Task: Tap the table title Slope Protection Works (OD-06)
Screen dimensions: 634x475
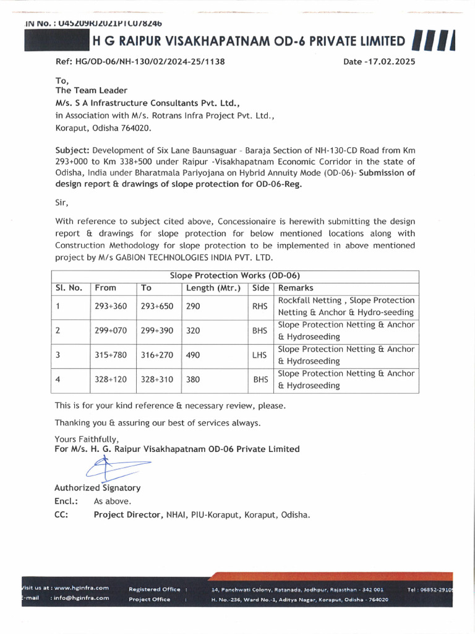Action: coord(235,276)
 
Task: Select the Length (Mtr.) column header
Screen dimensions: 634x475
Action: coord(213,288)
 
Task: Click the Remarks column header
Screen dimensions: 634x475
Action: coord(296,288)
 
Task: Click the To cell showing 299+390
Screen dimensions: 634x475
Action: coord(157,331)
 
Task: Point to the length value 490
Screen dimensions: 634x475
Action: coord(193,355)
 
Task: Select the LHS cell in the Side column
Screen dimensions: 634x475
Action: coord(260,355)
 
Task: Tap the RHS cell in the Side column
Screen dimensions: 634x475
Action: coord(260,306)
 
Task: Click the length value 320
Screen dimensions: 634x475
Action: coord(193,331)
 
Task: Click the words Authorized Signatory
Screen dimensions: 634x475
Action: coord(97,488)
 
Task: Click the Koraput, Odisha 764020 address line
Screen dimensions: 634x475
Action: coord(103,128)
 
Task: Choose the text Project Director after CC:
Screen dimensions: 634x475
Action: coord(128,515)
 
